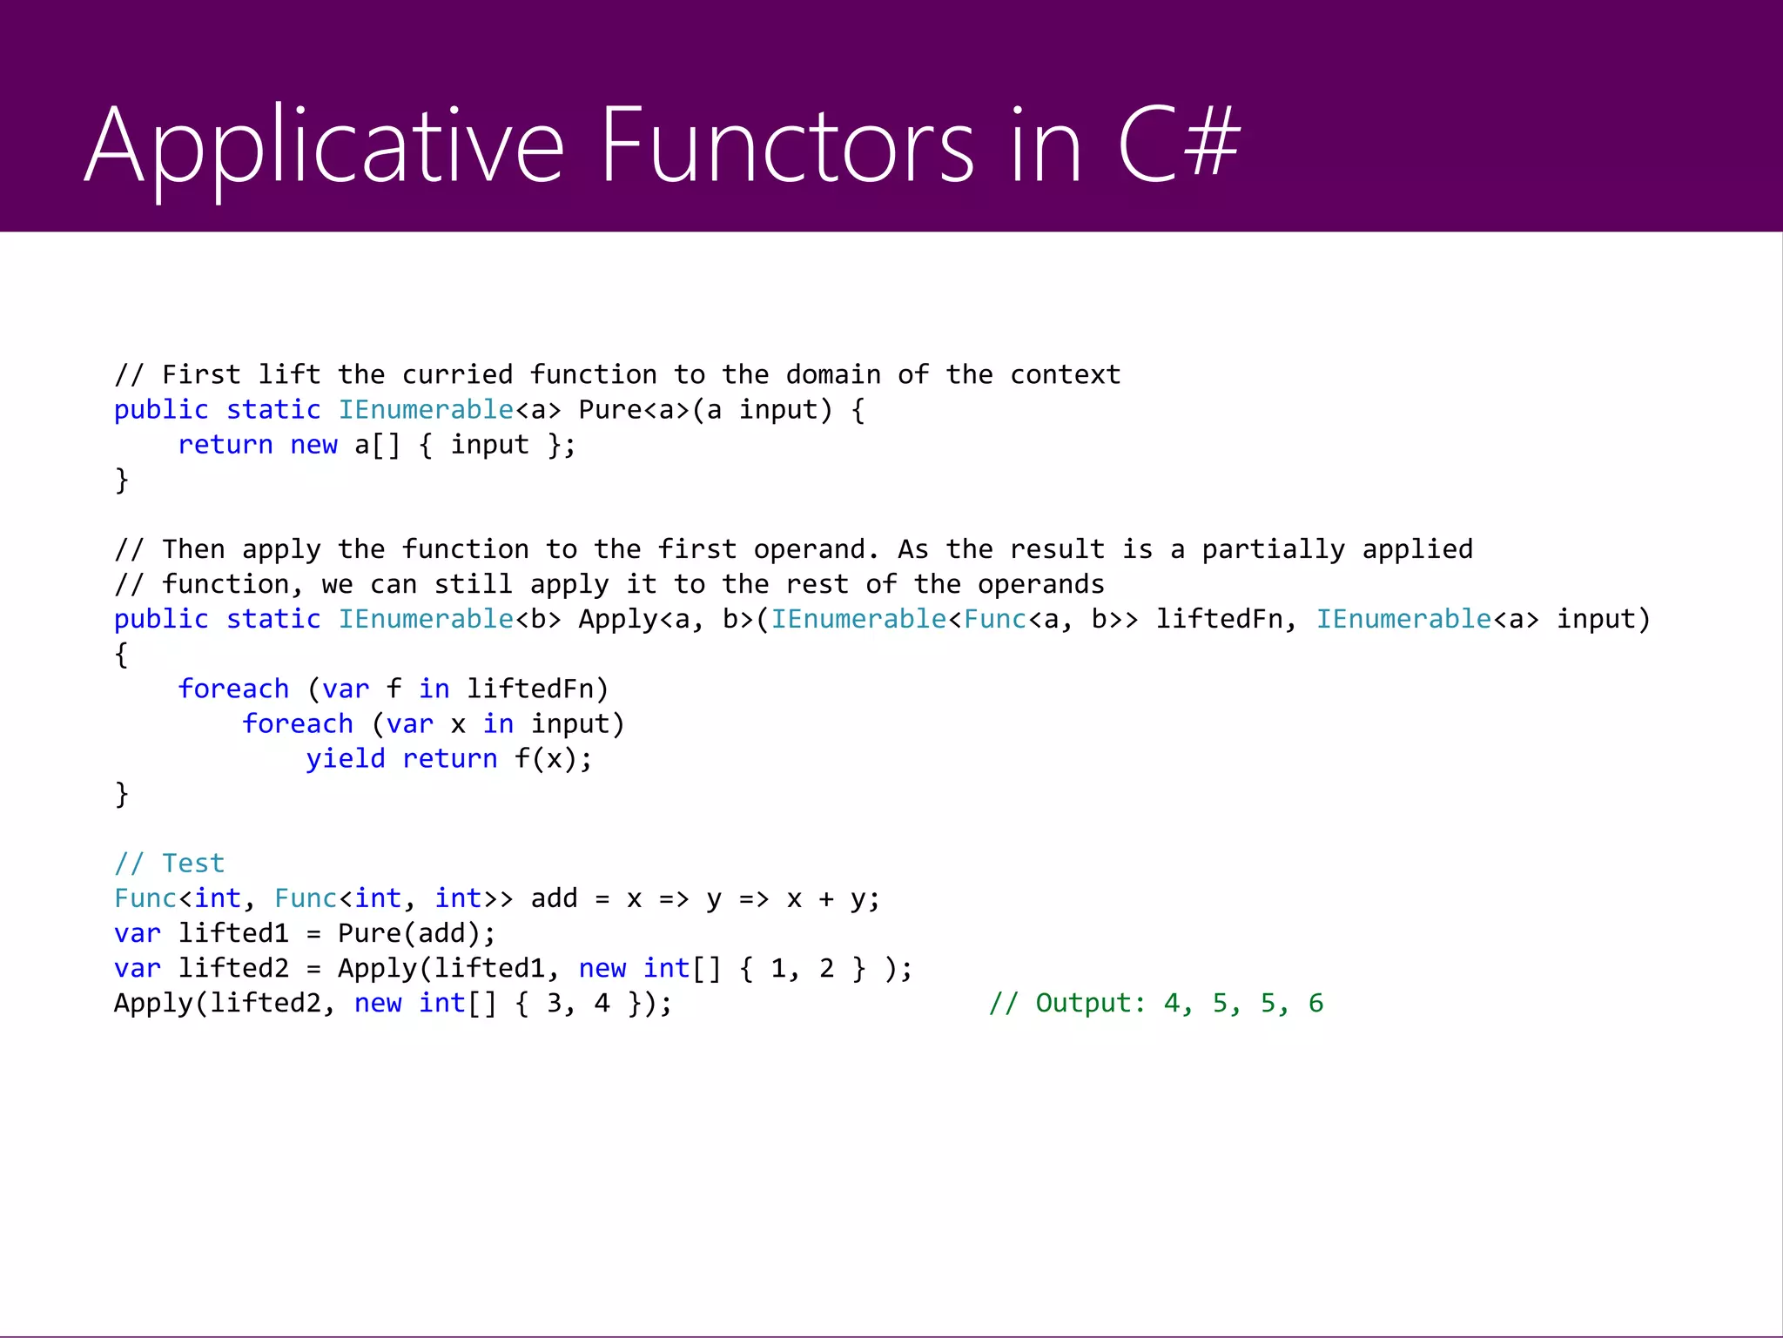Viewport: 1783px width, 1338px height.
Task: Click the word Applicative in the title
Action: (x=324, y=145)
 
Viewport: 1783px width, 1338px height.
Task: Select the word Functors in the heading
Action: (x=787, y=145)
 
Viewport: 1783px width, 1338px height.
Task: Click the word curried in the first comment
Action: (x=457, y=375)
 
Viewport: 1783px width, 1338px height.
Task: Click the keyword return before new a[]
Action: (x=225, y=445)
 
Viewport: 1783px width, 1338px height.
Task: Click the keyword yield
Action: (x=345, y=758)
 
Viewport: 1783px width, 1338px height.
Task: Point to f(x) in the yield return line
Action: (x=545, y=758)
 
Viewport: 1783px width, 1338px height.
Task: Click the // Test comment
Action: (x=170, y=863)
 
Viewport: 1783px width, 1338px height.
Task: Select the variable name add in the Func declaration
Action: (x=554, y=898)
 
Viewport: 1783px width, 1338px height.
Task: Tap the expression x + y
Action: (x=825, y=898)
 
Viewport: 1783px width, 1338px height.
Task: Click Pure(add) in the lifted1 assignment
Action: (x=408, y=933)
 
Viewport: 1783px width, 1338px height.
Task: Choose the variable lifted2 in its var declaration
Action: (x=233, y=968)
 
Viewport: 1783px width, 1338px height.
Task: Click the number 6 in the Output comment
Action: (x=1315, y=1003)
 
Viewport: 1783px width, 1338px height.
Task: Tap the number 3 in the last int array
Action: (x=554, y=1003)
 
